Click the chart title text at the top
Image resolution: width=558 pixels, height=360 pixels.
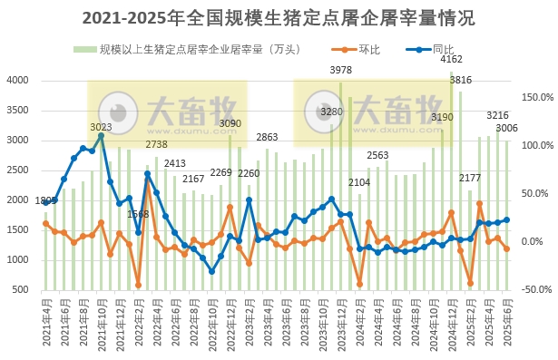(x=278, y=18)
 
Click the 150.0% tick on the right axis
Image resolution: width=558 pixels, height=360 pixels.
(x=538, y=97)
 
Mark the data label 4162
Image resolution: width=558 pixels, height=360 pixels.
(x=451, y=60)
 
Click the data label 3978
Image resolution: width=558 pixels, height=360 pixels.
(x=341, y=70)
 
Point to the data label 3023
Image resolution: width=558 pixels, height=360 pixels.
(x=101, y=127)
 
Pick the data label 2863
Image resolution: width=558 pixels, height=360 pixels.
(x=267, y=137)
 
